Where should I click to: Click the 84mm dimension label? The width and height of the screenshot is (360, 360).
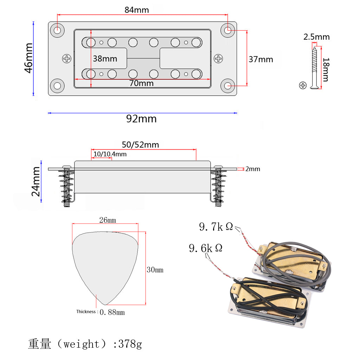pos(137,10)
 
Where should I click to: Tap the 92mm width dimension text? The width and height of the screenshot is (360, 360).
pos(141,119)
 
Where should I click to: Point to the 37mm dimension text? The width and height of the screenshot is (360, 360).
pos(261,59)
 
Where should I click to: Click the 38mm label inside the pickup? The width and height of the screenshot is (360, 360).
pos(105,58)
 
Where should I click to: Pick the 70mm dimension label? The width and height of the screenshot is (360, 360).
pos(141,83)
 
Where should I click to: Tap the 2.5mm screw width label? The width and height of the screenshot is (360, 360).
pos(317,37)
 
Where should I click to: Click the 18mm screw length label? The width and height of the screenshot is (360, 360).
pos(326,69)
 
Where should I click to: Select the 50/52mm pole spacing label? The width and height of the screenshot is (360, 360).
pos(140,145)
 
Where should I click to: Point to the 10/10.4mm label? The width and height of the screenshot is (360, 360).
pos(110,154)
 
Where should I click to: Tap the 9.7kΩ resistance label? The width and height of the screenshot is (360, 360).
pos(216,227)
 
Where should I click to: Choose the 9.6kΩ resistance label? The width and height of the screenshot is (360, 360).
pos(206,249)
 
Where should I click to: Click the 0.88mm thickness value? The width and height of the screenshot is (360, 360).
pos(112,312)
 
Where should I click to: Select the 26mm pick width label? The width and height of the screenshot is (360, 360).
pos(107,220)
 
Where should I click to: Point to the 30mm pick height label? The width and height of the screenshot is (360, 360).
pos(155,270)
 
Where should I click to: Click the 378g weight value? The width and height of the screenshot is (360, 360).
pos(130,344)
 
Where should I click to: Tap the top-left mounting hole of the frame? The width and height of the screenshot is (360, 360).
pos(57,30)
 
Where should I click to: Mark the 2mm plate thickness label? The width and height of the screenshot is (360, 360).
pos(252,169)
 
